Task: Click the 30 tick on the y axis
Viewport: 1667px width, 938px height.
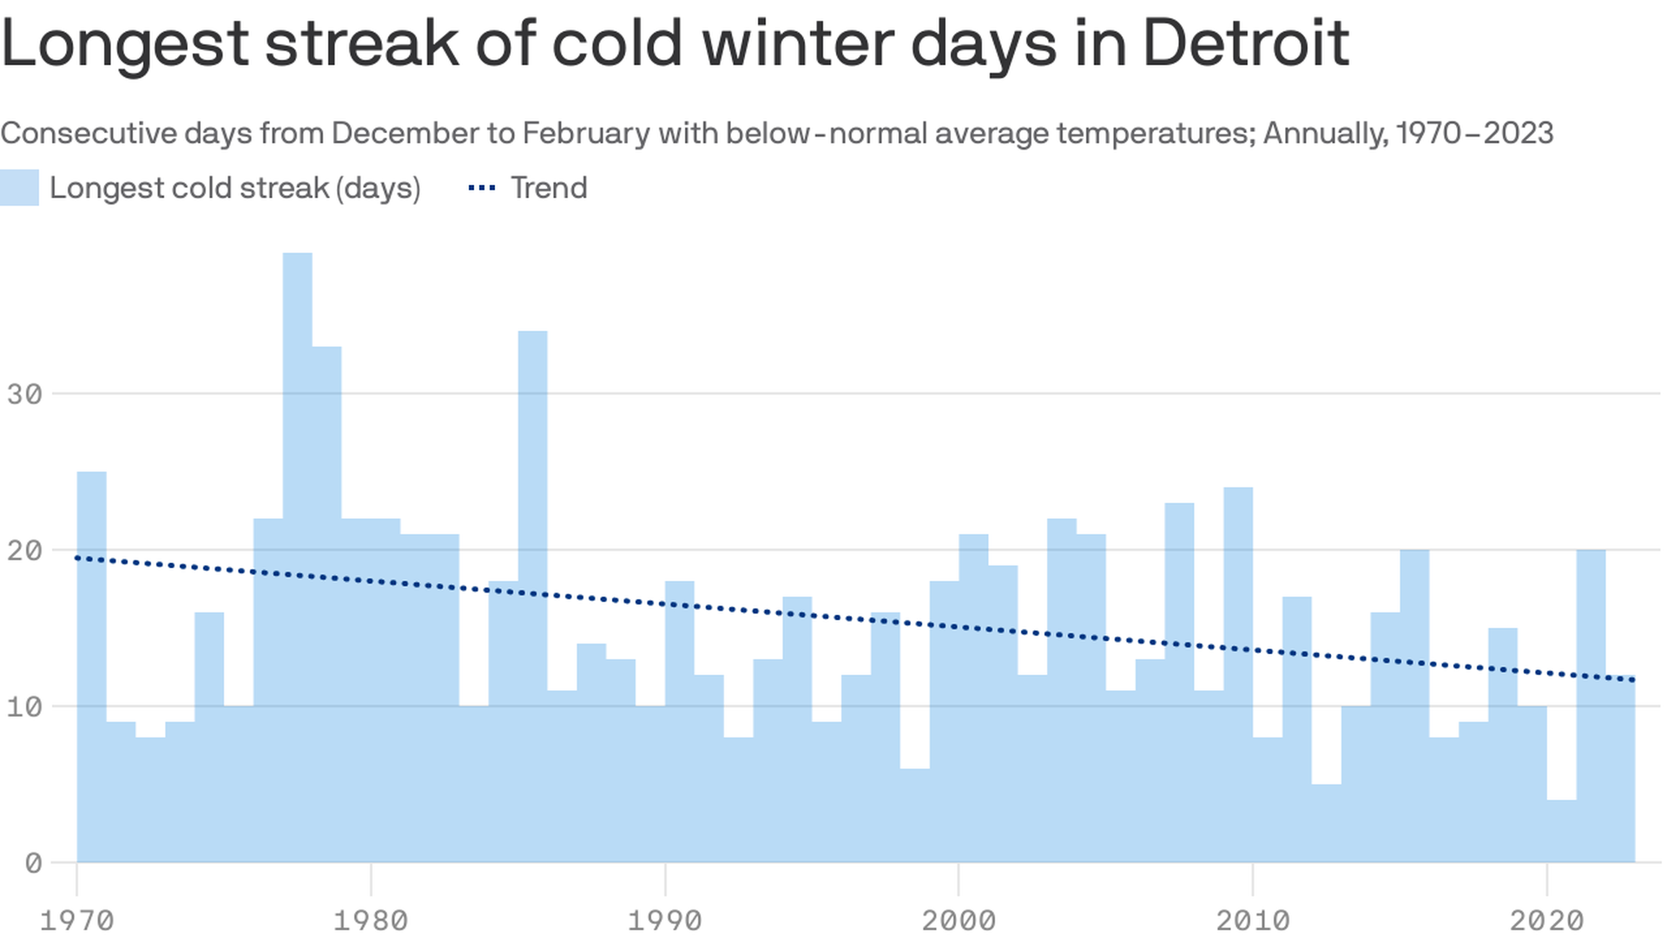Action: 24,394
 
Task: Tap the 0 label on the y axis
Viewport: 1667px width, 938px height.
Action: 33,863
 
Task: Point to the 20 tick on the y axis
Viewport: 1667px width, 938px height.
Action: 24,551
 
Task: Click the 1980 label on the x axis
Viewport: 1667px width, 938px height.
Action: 371,920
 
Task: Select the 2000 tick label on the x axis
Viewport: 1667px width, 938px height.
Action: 959,920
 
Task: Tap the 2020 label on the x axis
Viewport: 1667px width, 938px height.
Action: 1546,920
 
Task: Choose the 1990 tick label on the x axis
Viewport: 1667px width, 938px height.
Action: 665,920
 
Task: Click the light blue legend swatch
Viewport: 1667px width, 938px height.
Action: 19,188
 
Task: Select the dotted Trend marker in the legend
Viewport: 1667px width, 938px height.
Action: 482,188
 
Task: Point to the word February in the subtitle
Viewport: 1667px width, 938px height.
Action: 586,133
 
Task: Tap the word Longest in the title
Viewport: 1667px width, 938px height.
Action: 126,43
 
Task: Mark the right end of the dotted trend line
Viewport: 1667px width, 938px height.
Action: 1633,679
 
